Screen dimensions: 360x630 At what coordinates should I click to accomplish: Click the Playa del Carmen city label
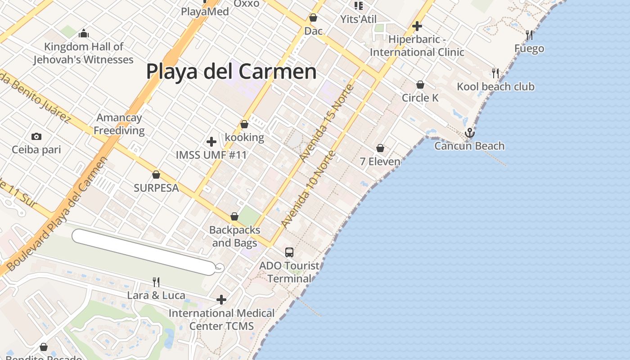click(x=231, y=72)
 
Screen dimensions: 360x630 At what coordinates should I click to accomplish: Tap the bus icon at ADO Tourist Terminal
click(x=289, y=252)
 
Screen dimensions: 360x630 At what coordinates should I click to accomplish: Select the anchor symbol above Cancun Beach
click(x=470, y=133)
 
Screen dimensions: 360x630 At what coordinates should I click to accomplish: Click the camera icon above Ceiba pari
click(x=36, y=136)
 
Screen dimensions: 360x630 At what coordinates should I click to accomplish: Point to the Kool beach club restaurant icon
click(x=495, y=73)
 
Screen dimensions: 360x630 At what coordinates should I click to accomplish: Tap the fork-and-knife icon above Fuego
click(x=529, y=35)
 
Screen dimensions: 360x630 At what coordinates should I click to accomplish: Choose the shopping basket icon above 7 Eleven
click(x=380, y=148)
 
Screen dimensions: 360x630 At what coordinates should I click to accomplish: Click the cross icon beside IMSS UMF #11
click(x=211, y=142)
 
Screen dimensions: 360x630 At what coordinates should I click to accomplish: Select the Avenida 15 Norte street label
click(x=327, y=123)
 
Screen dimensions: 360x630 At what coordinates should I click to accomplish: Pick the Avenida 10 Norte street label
click(x=308, y=189)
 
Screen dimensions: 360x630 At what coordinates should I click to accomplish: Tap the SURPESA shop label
click(x=156, y=188)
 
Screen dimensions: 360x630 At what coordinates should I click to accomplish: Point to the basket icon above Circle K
click(x=420, y=85)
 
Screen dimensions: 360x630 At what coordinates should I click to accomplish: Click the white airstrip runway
click(x=143, y=252)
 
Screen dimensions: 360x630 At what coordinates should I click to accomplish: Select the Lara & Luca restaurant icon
click(x=156, y=282)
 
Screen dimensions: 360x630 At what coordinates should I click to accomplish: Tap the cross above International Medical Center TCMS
click(x=221, y=300)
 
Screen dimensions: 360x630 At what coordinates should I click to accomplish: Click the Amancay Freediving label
click(x=119, y=124)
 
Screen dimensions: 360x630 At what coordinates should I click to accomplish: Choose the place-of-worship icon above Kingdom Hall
click(x=84, y=33)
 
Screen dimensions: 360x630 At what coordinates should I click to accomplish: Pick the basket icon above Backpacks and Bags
click(x=234, y=216)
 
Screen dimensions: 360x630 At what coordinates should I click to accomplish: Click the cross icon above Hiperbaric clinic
click(x=417, y=26)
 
